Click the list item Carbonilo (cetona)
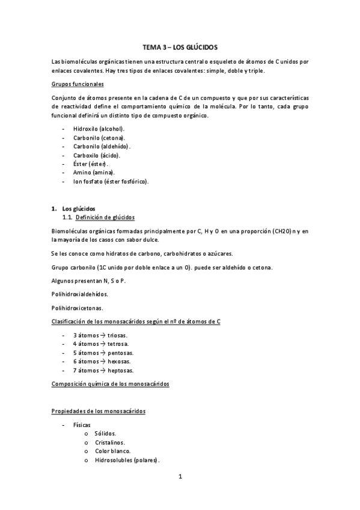pyautogui.click(x=99, y=138)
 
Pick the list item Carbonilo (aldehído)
pyautogui.click(x=102, y=146)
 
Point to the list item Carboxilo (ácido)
pyautogui.click(x=97, y=155)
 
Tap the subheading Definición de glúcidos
pyautogui.click(x=105, y=217)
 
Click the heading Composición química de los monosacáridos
pyautogui.click(x=111, y=384)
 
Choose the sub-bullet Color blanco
pyautogui.click(x=112, y=450)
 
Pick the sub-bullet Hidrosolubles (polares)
pyautogui.click(x=126, y=460)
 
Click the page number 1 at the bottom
pyautogui.click(x=180, y=478)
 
